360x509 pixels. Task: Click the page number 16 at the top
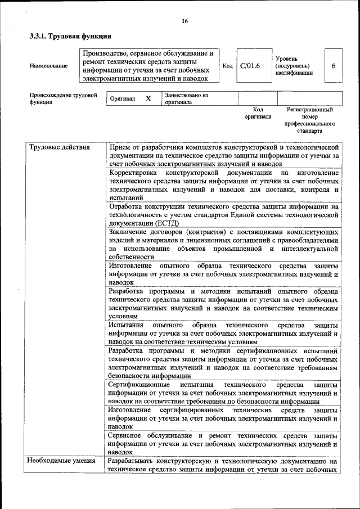click(184, 21)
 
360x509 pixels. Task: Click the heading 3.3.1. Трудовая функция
click(66, 37)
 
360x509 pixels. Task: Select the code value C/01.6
click(250, 66)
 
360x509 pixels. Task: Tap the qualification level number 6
click(334, 66)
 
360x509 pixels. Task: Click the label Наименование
click(49, 66)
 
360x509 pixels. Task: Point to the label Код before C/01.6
click(228, 66)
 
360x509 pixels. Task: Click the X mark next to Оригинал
click(148, 98)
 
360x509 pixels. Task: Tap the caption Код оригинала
click(258, 113)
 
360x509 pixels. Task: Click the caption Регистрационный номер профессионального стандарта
click(309, 120)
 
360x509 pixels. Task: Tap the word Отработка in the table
click(127, 206)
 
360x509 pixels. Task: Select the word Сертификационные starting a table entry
click(140, 385)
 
